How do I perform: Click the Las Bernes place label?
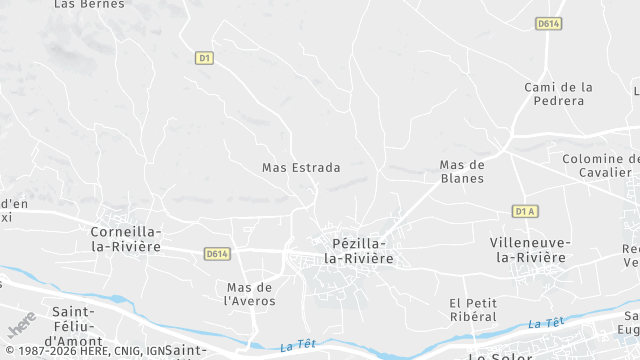click(x=81, y=4)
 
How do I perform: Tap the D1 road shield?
click(x=204, y=58)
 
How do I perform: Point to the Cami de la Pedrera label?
click(x=558, y=94)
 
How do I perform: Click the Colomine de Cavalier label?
click(x=599, y=165)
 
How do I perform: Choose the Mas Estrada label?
click(x=301, y=168)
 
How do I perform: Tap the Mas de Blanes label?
click(x=462, y=171)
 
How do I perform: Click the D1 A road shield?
click(x=525, y=211)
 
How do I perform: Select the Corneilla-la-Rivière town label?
click(x=126, y=237)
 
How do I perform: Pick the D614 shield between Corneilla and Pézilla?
click(x=217, y=254)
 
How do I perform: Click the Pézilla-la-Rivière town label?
click(x=357, y=250)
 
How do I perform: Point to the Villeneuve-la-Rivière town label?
click(x=530, y=250)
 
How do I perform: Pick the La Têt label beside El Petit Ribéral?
click(x=545, y=323)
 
